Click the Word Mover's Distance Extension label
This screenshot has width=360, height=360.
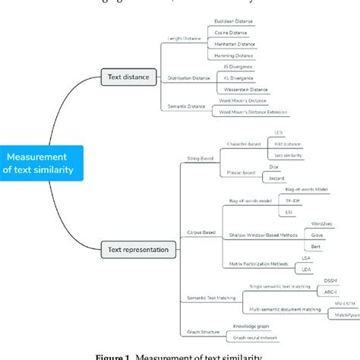coord(252,112)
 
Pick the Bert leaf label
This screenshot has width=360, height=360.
coord(316,248)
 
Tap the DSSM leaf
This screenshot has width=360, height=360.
coord(330,281)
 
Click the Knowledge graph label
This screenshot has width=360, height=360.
coord(233,327)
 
